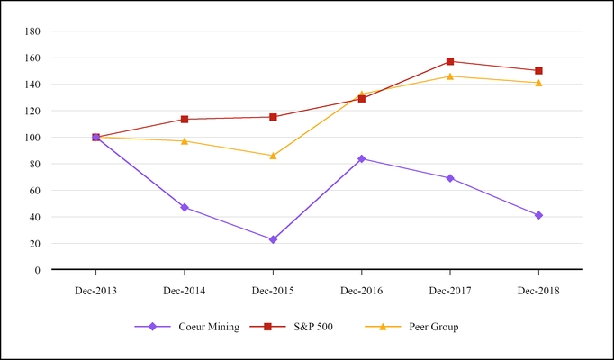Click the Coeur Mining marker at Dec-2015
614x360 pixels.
coord(273,239)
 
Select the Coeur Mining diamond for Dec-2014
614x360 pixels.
coord(185,207)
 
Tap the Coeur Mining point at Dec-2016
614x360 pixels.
coord(362,158)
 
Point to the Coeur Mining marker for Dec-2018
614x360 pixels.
coord(538,215)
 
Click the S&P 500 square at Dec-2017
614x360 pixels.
coord(450,61)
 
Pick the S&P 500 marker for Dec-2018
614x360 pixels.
coord(538,70)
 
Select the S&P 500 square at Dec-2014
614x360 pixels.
coord(185,119)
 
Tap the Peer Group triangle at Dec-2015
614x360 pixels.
coord(273,156)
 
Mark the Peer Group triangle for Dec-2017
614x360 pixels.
coord(450,76)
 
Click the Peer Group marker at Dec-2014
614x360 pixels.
coord(185,141)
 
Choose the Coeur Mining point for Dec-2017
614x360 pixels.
coord(450,178)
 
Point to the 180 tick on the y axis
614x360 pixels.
coord(33,31)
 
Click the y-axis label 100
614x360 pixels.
coord(33,138)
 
